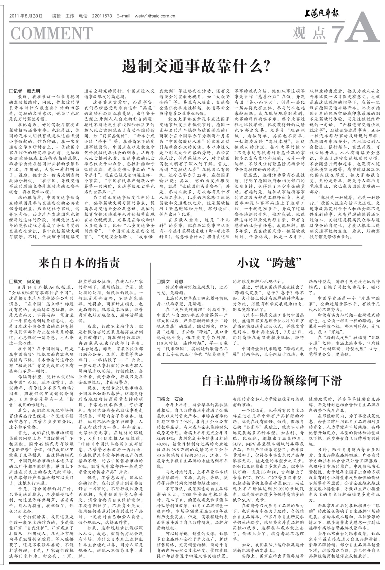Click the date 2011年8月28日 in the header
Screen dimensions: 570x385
click(x=26, y=16)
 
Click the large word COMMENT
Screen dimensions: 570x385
click(x=51, y=33)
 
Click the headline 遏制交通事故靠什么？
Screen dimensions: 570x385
click(x=196, y=66)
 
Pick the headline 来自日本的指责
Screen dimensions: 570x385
click(x=79, y=263)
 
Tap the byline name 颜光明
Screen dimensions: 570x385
click(x=33, y=91)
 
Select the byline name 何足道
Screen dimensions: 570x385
click(x=33, y=281)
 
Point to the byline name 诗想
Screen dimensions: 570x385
click(x=179, y=281)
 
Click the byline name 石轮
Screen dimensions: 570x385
click(x=179, y=399)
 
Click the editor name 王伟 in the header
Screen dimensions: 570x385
click(x=69, y=16)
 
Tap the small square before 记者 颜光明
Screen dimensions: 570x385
click(x=11, y=91)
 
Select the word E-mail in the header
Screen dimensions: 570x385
click(x=123, y=16)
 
